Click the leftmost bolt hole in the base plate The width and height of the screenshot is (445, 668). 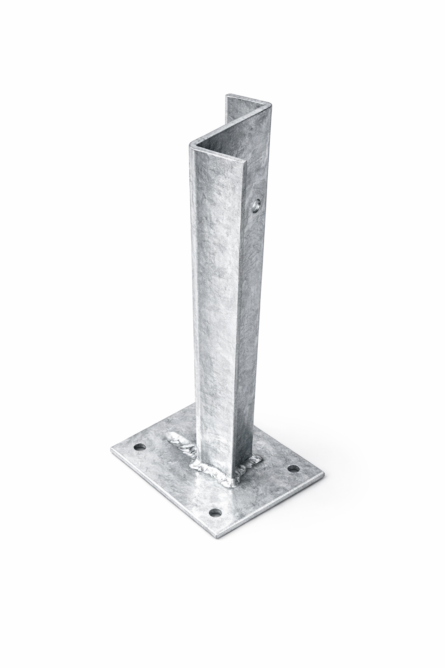pos(140,446)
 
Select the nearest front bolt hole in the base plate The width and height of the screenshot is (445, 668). pos(214,513)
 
